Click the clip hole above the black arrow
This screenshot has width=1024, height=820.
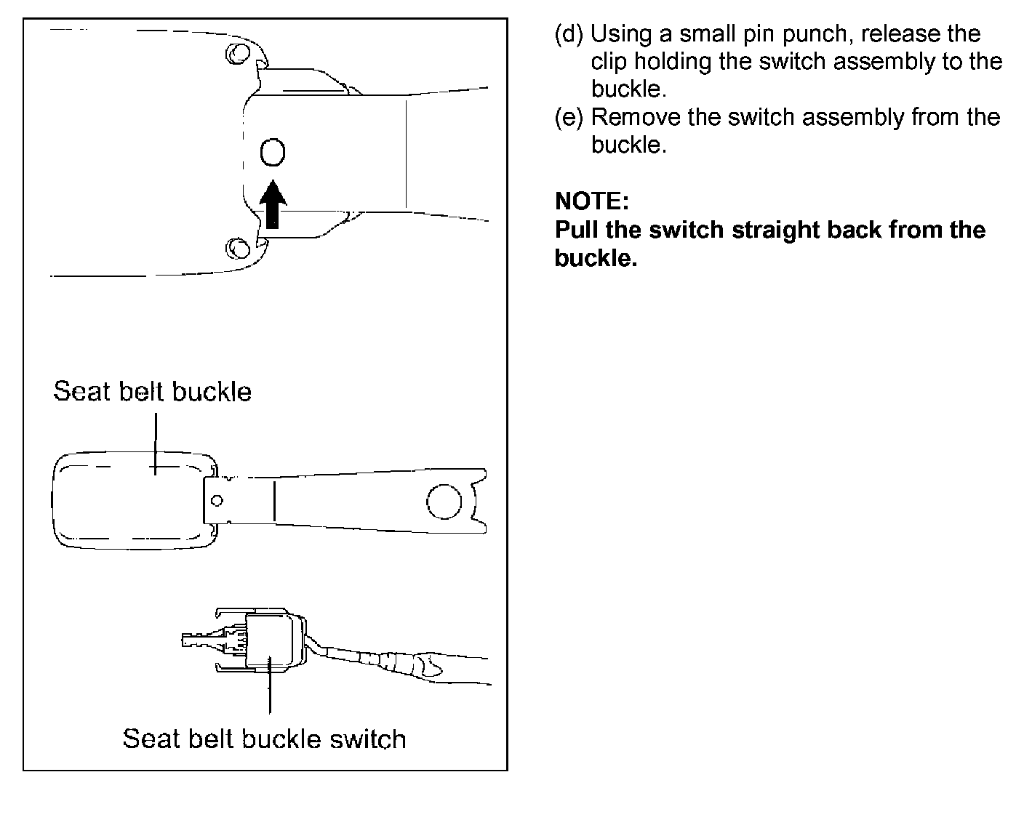click(x=273, y=153)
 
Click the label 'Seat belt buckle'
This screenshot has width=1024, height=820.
click(x=152, y=392)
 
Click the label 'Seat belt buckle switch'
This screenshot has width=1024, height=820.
click(x=264, y=739)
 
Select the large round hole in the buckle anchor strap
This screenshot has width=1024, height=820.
click(x=444, y=502)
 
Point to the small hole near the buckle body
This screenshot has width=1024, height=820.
click(x=216, y=501)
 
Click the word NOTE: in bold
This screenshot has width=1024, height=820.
click(x=591, y=201)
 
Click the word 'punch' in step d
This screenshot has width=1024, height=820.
click(x=812, y=34)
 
